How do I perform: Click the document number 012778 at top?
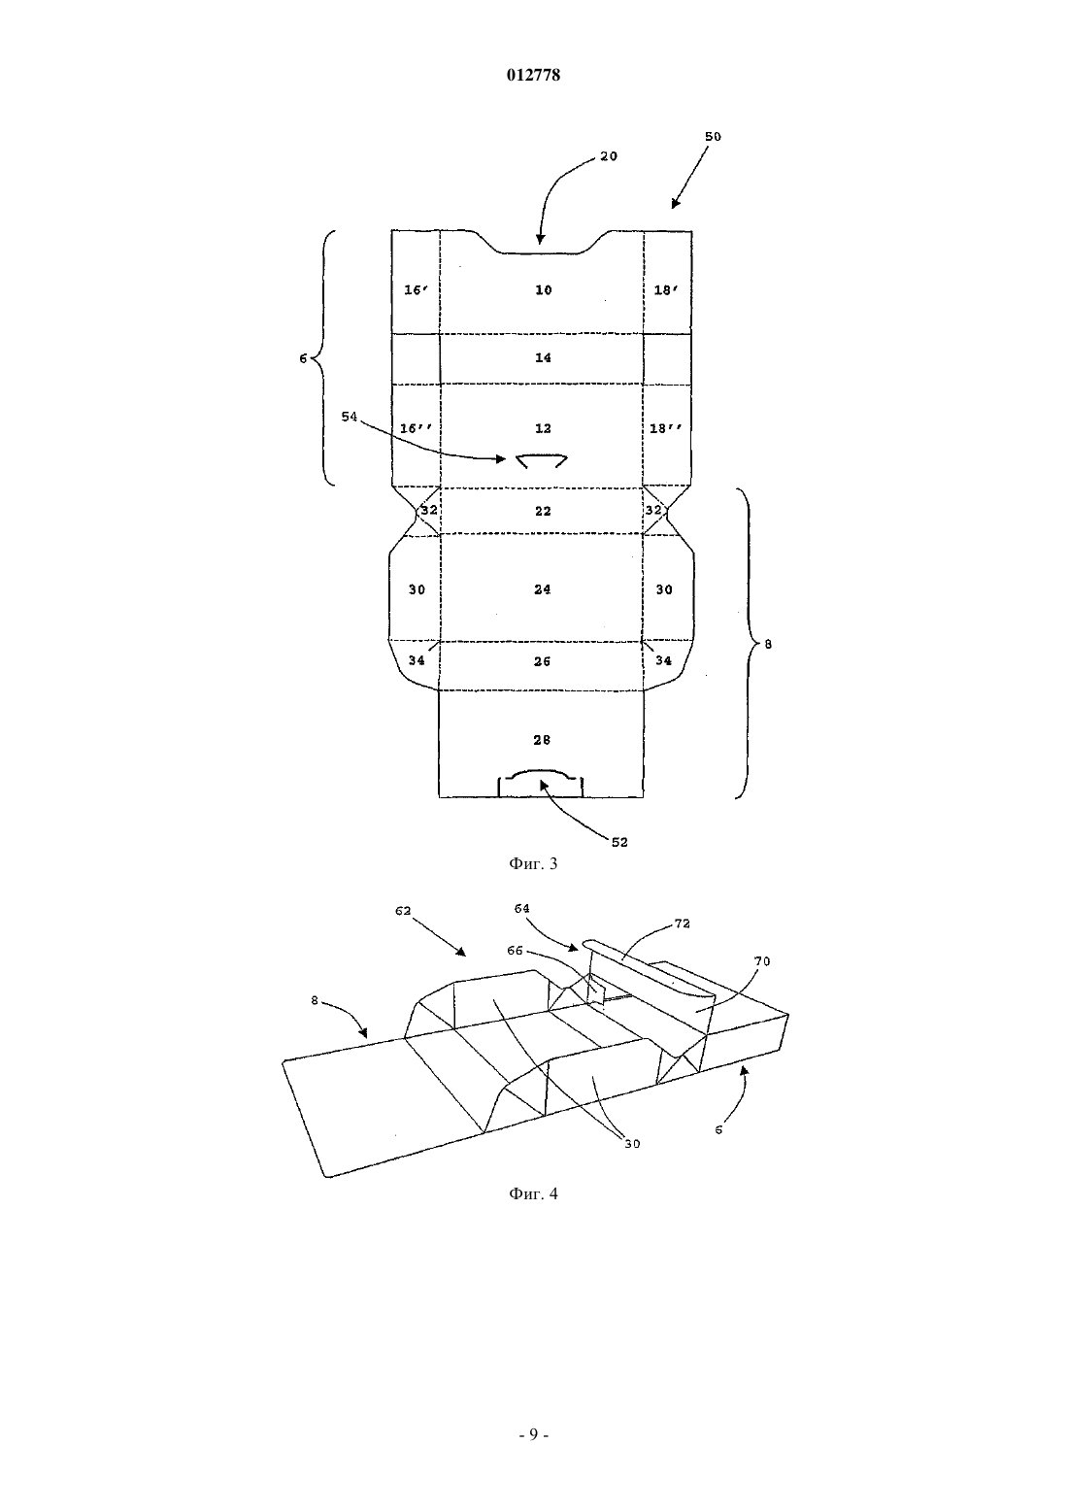[x=533, y=75]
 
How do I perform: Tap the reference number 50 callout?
[x=713, y=136]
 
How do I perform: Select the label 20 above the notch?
[x=608, y=155]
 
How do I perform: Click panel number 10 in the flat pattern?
[x=544, y=289]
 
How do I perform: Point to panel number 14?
[x=544, y=357]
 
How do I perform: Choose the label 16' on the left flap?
[x=416, y=289]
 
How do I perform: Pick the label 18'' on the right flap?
[x=665, y=427]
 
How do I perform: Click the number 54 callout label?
[x=349, y=417]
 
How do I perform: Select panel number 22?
[x=543, y=511]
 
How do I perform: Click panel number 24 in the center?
[x=543, y=588]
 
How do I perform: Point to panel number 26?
[x=542, y=661]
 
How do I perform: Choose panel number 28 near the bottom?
[x=542, y=740]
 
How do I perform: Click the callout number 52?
[x=619, y=842]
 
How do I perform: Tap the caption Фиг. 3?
[x=533, y=863]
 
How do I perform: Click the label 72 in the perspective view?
[x=682, y=923]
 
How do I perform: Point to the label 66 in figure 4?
[x=515, y=951]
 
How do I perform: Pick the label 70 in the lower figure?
[x=762, y=961]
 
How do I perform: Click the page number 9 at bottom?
[x=533, y=1433]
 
